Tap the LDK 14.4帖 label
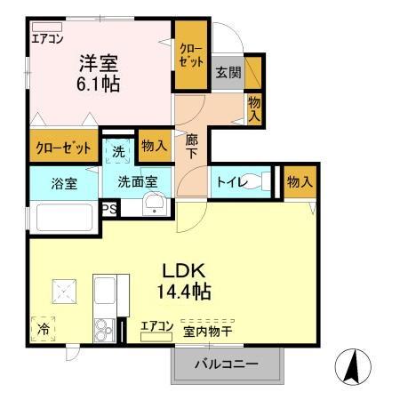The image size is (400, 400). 186,280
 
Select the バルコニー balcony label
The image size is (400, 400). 228,364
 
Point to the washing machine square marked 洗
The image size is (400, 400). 118,150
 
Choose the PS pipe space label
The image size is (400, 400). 108,209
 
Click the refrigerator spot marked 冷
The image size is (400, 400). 43,328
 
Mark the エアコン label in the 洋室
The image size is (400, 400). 46,38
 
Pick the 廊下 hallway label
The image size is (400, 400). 192,147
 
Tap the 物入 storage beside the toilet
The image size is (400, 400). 300,181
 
